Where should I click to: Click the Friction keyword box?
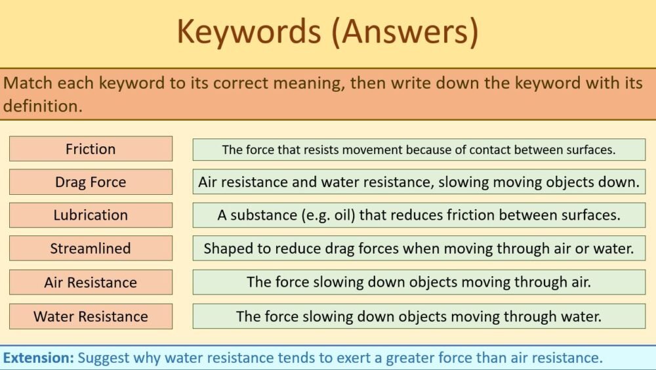91,149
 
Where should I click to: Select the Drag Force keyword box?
91,182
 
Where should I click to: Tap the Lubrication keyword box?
91,215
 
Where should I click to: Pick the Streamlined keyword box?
91,249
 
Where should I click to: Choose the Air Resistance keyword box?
91,283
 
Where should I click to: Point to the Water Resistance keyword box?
91,316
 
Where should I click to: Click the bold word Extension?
39,358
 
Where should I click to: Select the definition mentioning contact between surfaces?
419,150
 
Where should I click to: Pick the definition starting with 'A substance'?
419,215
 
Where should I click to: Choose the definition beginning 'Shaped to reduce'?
419,249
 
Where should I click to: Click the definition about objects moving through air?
419,283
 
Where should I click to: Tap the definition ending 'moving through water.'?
419,316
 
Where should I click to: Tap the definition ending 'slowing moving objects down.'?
419,182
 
